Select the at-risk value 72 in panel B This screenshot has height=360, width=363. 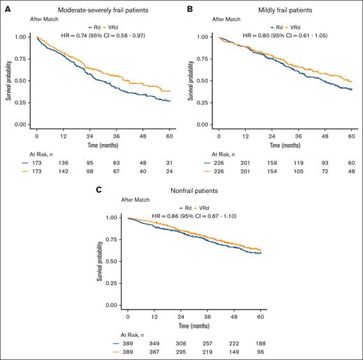pos(325,171)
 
